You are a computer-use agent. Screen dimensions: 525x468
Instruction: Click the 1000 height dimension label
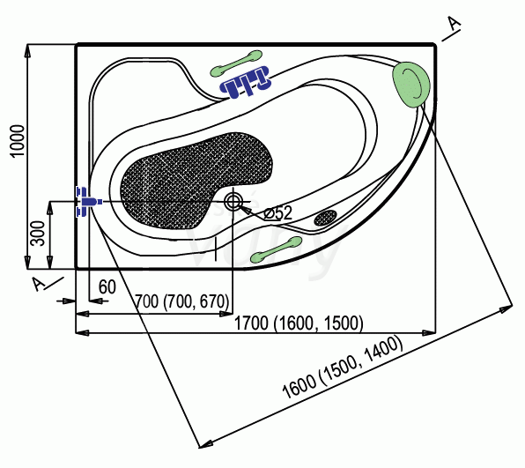(x=18, y=141)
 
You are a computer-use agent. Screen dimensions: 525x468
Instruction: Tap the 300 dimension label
(x=38, y=234)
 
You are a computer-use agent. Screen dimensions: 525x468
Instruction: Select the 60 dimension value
(x=107, y=286)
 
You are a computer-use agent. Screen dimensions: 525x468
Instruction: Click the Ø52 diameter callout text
(x=277, y=212)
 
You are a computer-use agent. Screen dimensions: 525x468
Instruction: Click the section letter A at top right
(x=454, y=24)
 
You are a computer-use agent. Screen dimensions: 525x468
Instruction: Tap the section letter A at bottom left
(x=39, y=284)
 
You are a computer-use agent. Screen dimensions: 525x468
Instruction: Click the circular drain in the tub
(x=233, y=201)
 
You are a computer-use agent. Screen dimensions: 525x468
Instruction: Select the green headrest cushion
(x=410, y=85)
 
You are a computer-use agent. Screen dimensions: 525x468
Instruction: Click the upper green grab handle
(x=236, y=63)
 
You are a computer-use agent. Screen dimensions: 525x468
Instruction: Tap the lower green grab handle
(x=277, y=249)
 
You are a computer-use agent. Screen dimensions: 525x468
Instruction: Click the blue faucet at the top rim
(x=245, y=81)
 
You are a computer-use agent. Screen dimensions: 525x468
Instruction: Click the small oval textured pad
(x=325, y=218)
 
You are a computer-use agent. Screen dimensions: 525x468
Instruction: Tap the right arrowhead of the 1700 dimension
(x=429, y=332)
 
